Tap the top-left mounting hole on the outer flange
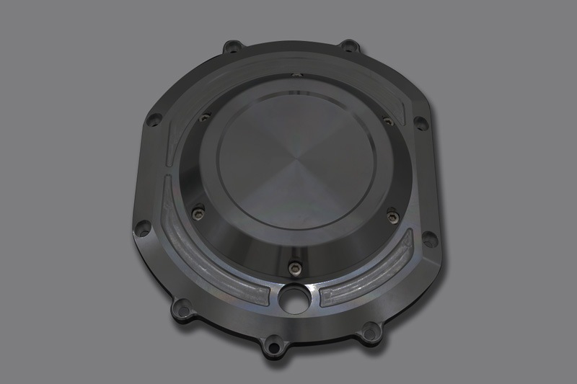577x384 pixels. click(231, 48)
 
